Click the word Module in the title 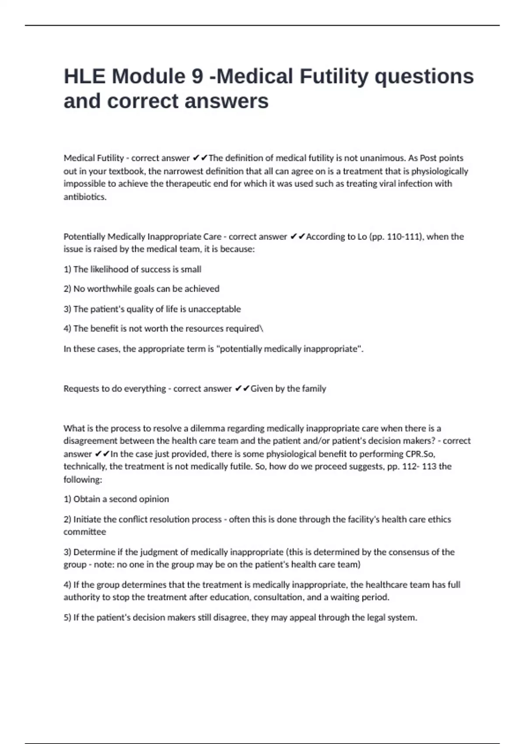(x=149, y=76)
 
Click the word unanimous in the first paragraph (x=382, y=158)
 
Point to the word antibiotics (x=85, y=197)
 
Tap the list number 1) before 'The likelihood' (x=67, y=269)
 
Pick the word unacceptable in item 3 (x=214, y=309)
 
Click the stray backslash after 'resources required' (x=262, y=329)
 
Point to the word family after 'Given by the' (x=314, y=389)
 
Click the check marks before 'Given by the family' (x=242, y=389)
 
